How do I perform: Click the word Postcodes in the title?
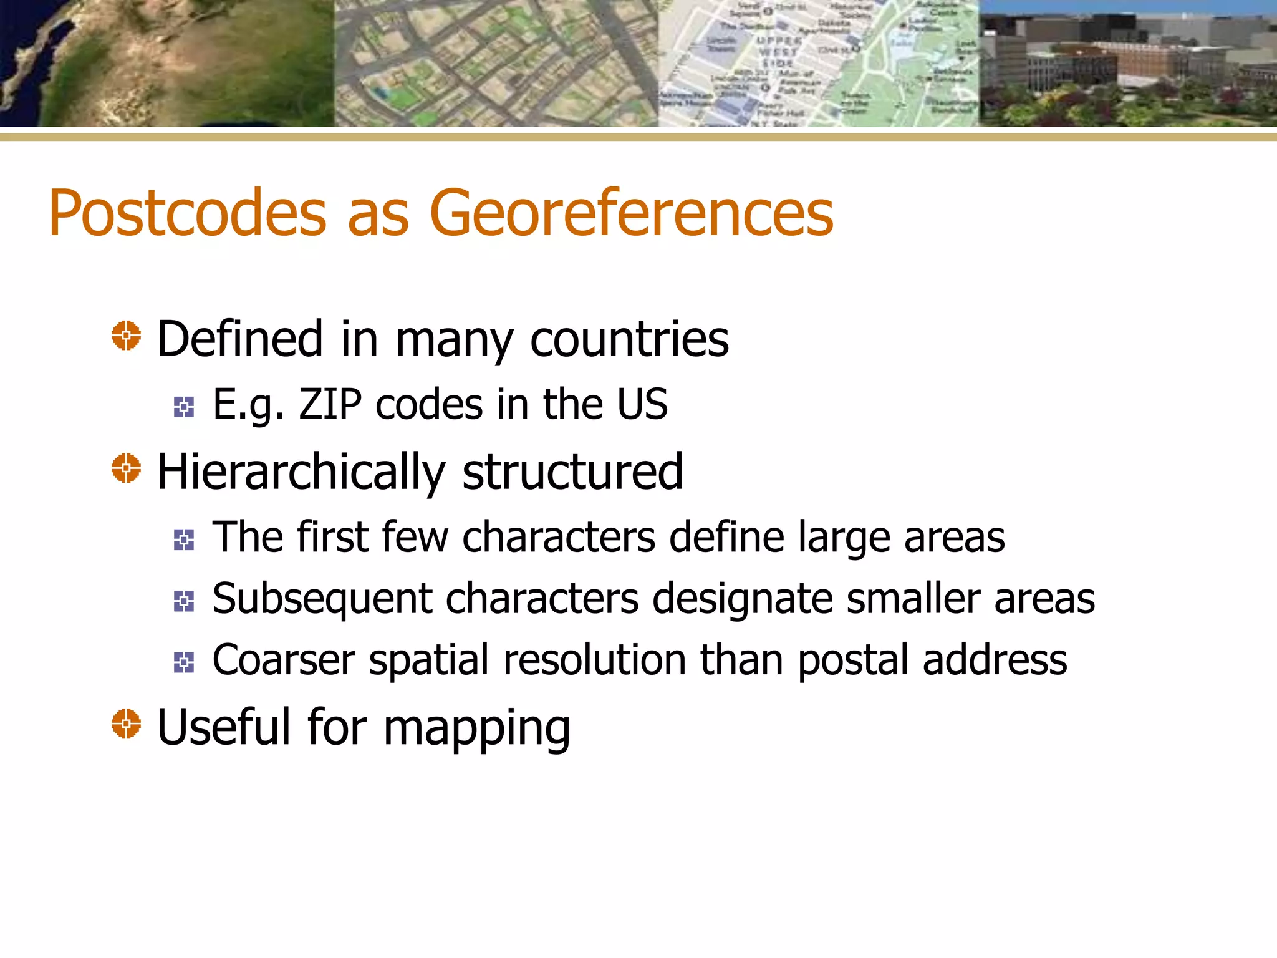pos(187,213)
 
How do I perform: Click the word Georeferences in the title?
pos(631,213)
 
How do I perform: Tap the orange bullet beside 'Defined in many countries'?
pos(126,336)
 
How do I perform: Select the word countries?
pos(629,339)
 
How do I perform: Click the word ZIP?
pos(330,404)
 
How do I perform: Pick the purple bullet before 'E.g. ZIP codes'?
pos(184,407)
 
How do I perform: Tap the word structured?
pos(572,472)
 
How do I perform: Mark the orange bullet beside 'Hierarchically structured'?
pos(126,468)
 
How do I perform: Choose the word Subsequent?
pos(322,599)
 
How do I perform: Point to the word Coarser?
pos(284,660)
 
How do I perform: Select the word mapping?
pos(476,728)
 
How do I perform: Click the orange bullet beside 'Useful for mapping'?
pos(126,724)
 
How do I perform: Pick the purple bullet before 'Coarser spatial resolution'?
pos(184,662)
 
